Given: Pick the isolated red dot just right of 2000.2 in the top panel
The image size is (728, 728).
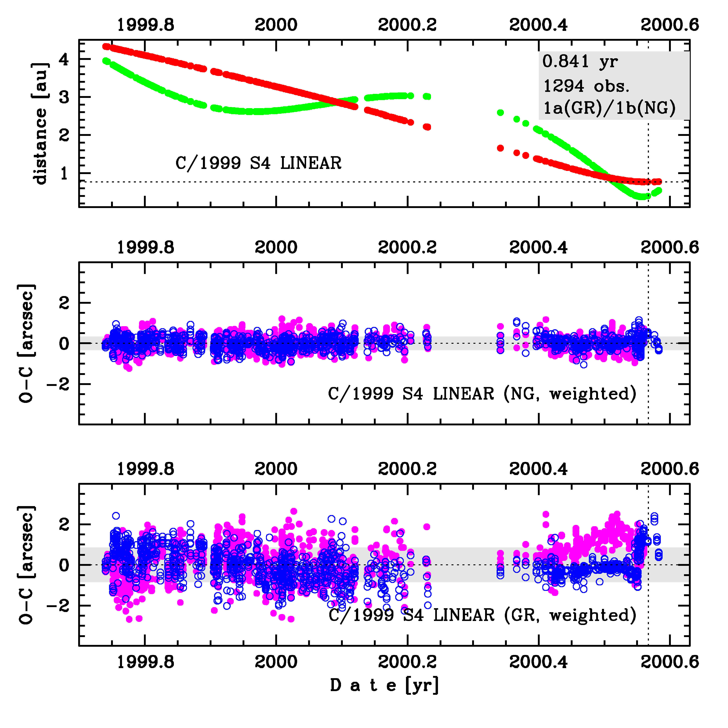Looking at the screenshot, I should coord(411,123).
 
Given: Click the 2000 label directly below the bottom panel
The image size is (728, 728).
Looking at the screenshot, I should coord(276,662).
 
